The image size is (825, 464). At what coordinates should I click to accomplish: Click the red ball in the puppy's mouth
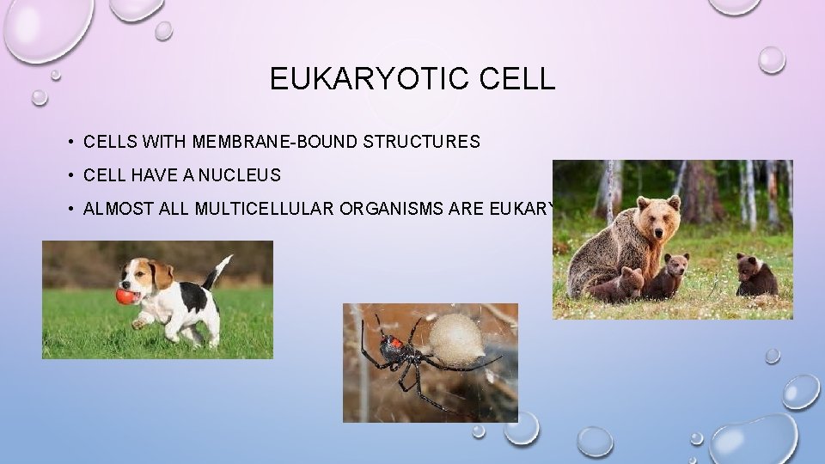click(125, 297)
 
